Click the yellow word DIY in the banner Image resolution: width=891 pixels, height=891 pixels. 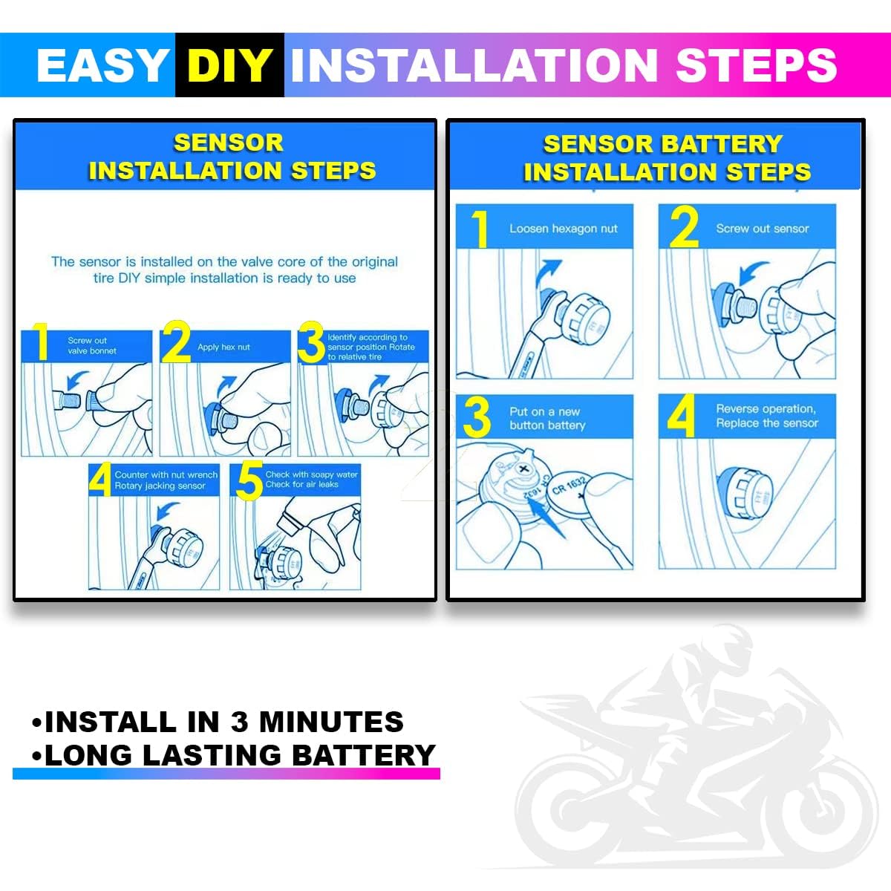pyautogui.click(x=229, y=65)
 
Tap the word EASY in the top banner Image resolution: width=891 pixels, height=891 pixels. pyautogui.click(x=102, y=65)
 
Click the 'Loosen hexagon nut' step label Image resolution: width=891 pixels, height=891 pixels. pyautogui.click(x=563, y=229)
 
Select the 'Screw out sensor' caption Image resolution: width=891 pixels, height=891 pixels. pyautogui.click(x=762, y=229)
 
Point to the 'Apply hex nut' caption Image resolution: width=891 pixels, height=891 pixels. pyautogui.click(x=223, y=347)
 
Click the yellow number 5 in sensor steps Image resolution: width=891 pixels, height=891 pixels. pyautogui.click(x=249, y=481)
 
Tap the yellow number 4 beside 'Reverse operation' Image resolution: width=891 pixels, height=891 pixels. pyautogui.click(x=681, y=415)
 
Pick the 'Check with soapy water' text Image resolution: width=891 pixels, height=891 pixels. pyautogui.click(x=311, y=474)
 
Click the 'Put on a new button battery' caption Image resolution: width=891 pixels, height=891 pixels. pyautogui.click(x=547, y=418)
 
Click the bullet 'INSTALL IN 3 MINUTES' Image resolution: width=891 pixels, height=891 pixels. pyautogui.click(x=218, y=722)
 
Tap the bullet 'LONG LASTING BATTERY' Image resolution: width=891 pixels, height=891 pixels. pyautogui.click(x=233, y=755)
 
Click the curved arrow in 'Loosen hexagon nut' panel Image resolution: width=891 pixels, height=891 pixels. pyautogui.click(x=547, y=276)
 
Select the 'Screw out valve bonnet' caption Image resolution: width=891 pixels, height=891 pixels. pyautogui.click(x=91, y=345)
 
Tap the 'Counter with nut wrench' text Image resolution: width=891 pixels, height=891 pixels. pyautogui.click(x=166, y=474)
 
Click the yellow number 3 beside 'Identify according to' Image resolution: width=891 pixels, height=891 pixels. pyautogui.click(x=310, y=342)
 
